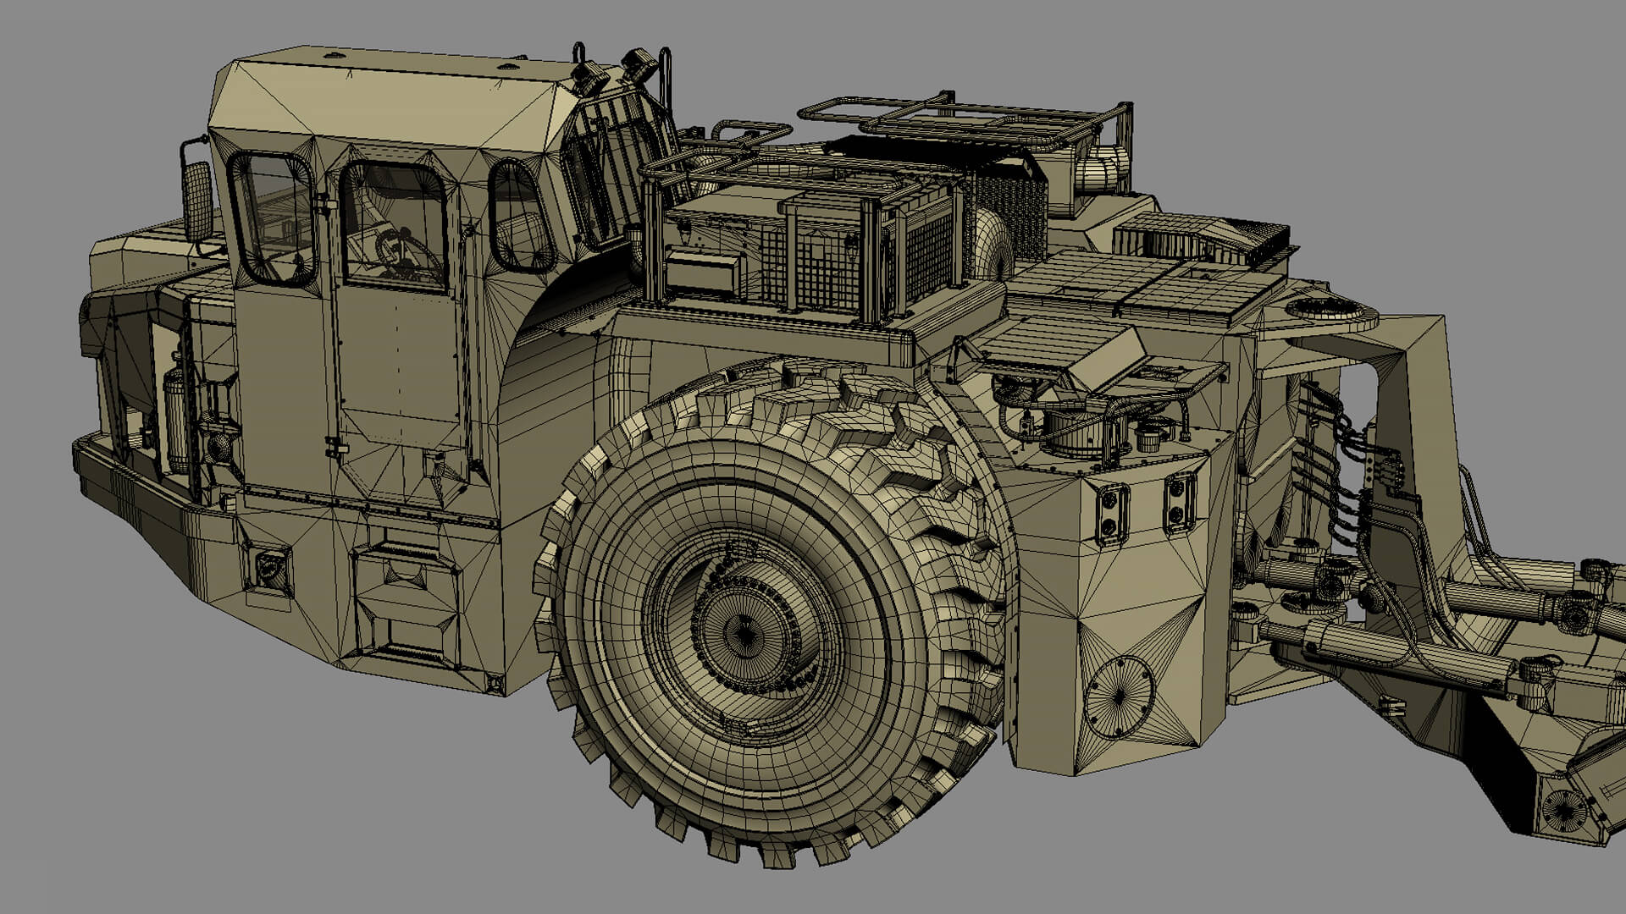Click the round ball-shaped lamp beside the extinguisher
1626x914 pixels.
coord(218,447)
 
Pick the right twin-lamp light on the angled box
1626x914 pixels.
coord(1180,501)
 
